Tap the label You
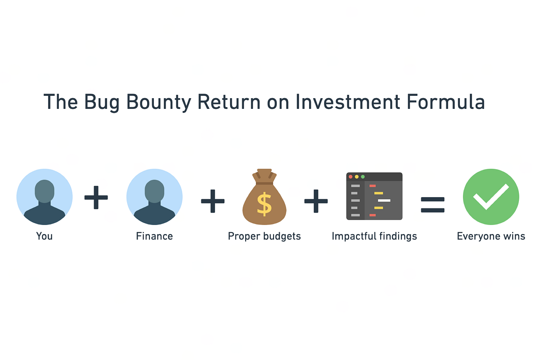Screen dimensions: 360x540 (x=45, y=236)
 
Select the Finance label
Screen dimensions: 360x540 (x=154, y=236)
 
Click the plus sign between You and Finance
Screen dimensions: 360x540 (x=96, y=198)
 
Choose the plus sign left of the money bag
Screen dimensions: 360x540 (x=213, y=201)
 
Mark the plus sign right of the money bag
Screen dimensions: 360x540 (x=316, y=201)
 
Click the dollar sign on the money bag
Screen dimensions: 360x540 (x=265, y=203)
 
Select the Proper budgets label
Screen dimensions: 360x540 (x=264, y=236)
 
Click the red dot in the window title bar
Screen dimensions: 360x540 (x=351, y=177)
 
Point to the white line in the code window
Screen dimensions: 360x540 (x=384, y=200)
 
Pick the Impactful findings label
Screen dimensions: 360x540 (x=374, y=236)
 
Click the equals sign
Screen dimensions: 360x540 (x=432, y=205)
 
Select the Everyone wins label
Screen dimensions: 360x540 (x=491, y=236)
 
